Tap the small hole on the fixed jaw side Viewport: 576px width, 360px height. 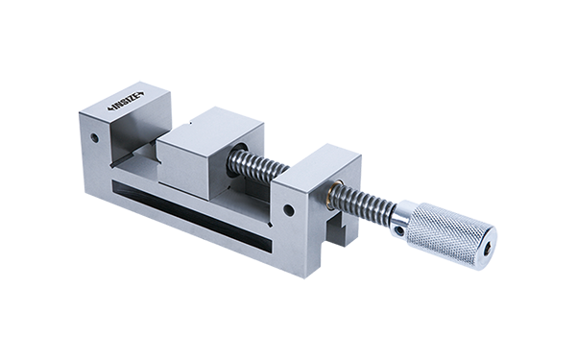click(x=95, y=138)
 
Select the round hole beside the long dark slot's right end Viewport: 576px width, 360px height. click(x=290, y=210)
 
